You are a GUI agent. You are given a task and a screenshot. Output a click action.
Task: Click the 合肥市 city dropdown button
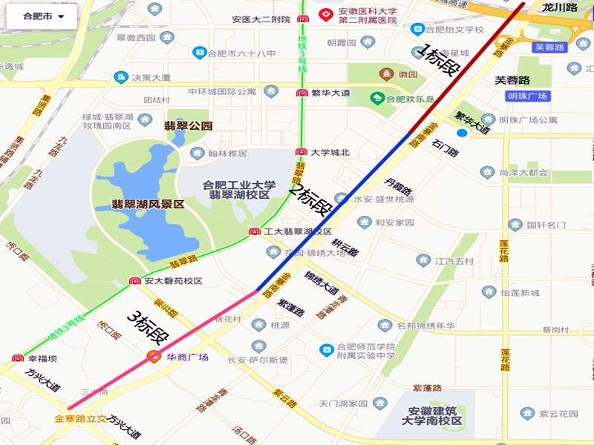(43, 16)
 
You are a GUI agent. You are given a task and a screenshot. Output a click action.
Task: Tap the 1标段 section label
(440, 62)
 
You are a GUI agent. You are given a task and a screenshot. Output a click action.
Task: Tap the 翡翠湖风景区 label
(148, 204)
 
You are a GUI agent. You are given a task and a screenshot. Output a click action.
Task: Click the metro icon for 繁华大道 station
(301, 93)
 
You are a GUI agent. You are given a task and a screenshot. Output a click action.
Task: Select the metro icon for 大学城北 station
(301, 153)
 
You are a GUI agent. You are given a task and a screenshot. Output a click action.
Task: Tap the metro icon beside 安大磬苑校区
(135, 281)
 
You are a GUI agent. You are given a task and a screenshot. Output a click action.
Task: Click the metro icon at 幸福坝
(18, 358)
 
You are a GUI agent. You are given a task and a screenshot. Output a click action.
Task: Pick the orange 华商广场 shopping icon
(154, 357)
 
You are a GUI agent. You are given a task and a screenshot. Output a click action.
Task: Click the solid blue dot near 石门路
(462, 133)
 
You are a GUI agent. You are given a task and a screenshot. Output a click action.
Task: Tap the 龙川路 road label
(559, 7)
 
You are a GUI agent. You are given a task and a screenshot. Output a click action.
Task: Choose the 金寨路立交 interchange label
(81, 418)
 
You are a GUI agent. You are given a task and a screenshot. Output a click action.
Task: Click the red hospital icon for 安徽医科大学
(325, 14)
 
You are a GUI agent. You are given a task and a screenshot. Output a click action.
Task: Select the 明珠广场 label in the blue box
(528, 96)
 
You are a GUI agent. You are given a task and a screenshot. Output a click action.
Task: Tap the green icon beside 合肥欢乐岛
(378, 98)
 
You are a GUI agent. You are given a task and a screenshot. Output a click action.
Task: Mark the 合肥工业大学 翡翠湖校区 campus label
(239, 190)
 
